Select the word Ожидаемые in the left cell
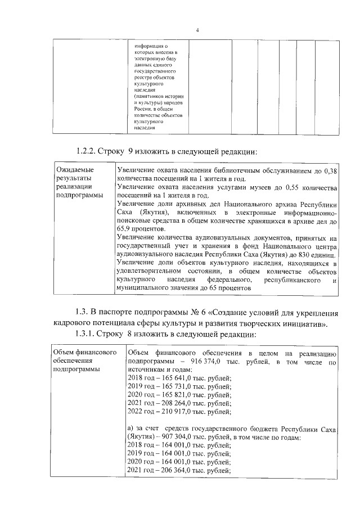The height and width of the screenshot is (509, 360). click(x=75, y=170)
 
